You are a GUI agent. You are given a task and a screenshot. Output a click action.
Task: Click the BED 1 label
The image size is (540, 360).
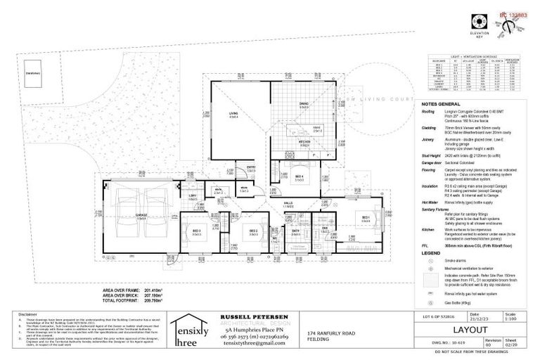coord(366,218)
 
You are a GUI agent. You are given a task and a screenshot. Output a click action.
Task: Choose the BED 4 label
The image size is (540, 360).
coord(299,176)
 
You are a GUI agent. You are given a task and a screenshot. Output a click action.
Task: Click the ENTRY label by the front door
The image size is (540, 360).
coord(250,167)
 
